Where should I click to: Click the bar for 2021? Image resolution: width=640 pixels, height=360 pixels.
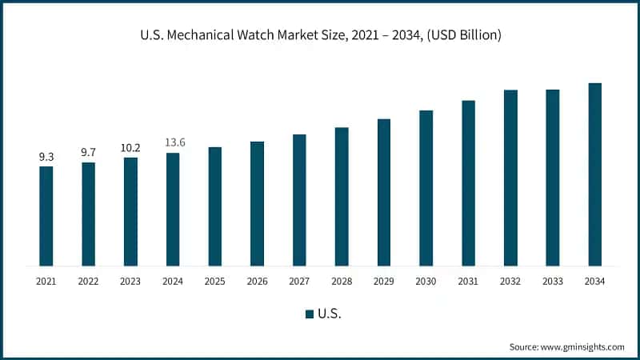tap(46, 216)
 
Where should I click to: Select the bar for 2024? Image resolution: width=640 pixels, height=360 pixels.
tap(173, 209)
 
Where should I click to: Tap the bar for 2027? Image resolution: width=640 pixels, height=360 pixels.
tap(299, 200)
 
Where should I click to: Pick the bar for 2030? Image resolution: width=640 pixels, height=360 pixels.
tap(426, 188)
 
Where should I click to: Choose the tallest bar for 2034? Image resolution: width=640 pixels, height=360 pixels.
tap(594, 174)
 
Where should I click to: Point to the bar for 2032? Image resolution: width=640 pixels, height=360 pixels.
tap(510, 178)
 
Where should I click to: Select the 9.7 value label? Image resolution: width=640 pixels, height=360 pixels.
tap(88, 152)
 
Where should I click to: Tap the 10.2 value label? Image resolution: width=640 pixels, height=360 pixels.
tap(130, 147)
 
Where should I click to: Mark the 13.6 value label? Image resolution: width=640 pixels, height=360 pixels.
tap(173, 142)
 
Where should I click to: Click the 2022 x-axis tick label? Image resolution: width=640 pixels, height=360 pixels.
tap(88, 281)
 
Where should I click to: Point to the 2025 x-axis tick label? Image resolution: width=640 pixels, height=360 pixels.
tap(215, 281)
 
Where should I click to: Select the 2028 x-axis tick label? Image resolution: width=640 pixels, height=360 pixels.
tap(342, 281)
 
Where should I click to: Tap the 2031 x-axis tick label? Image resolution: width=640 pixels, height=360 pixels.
tap(468, 281)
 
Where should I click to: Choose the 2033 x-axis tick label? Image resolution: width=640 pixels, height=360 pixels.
tap(552, 281)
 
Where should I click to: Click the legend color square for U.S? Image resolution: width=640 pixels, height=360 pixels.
tap(309, 314)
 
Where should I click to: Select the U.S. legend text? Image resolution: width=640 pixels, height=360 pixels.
tap(330, 314)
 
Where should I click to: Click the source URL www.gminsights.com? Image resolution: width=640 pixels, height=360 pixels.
tap(582, 346)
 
